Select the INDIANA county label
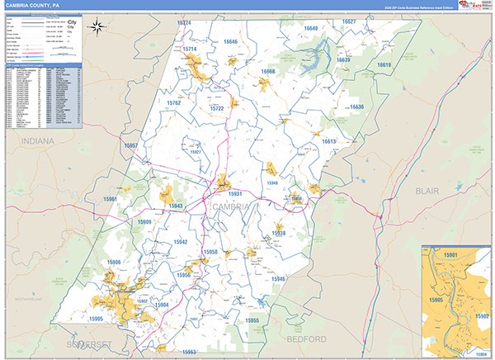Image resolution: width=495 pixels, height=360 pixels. [37, 142]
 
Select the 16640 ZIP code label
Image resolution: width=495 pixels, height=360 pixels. [310, 28]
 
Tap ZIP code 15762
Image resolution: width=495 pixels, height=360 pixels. [172, 103]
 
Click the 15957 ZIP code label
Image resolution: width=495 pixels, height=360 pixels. [131, 145]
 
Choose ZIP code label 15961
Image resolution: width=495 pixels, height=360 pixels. [111, 199]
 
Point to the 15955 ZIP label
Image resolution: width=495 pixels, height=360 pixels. [252, 320]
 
